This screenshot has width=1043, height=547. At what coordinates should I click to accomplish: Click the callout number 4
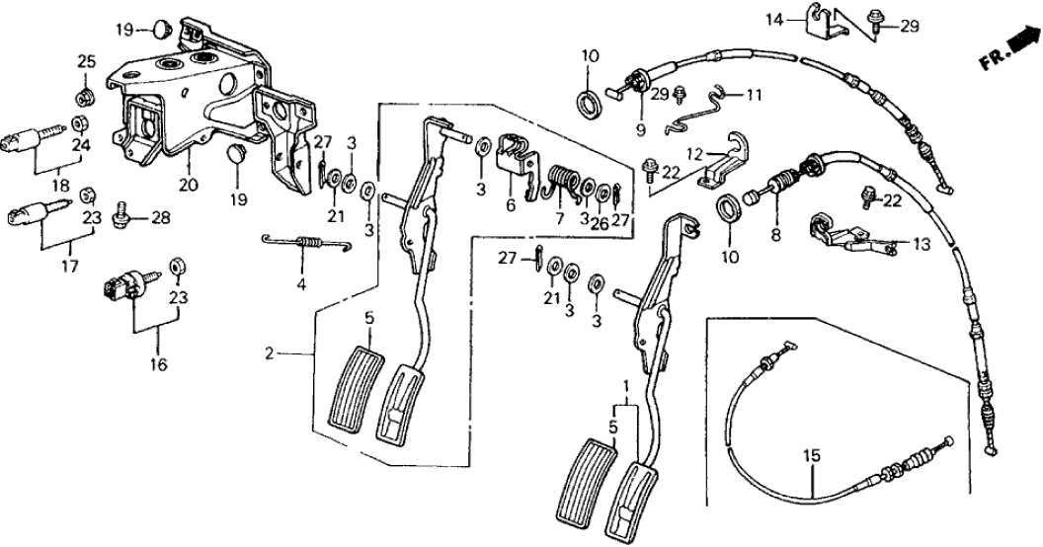300,286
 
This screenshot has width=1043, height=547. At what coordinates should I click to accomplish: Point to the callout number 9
638,128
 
